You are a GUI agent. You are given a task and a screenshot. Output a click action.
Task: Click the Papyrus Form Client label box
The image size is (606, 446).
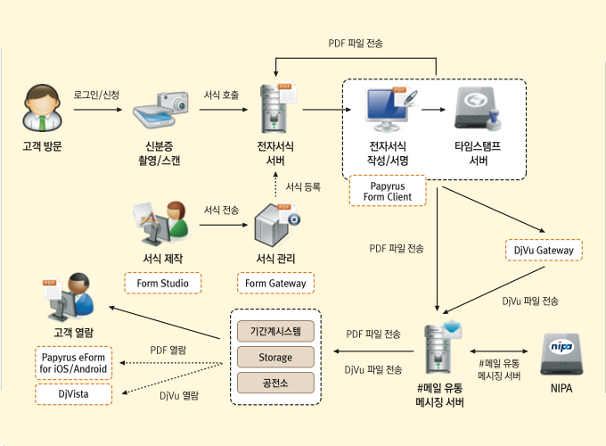[x=387, y=190]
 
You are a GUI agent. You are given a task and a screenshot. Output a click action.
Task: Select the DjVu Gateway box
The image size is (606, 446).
[x=544, y=251]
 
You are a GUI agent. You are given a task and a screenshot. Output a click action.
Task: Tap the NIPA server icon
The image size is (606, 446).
[x=561, y=356]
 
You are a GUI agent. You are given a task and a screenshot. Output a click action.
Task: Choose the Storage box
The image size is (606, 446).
[x=275, y=357]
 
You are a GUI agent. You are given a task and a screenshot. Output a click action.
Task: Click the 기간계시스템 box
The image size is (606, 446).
[x=275, y=330]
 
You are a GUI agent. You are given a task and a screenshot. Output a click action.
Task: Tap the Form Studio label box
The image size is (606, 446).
[x=162, y=284]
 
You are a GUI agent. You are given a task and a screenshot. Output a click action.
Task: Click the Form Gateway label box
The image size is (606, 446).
[x=275, y=284]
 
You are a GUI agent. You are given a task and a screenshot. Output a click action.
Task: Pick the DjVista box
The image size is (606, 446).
[x=75, y=393]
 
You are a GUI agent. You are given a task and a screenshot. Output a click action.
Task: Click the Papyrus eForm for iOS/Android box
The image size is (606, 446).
[x=75, y=362]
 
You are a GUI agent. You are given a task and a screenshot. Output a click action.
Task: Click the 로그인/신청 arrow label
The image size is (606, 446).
[x=96, y=95]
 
